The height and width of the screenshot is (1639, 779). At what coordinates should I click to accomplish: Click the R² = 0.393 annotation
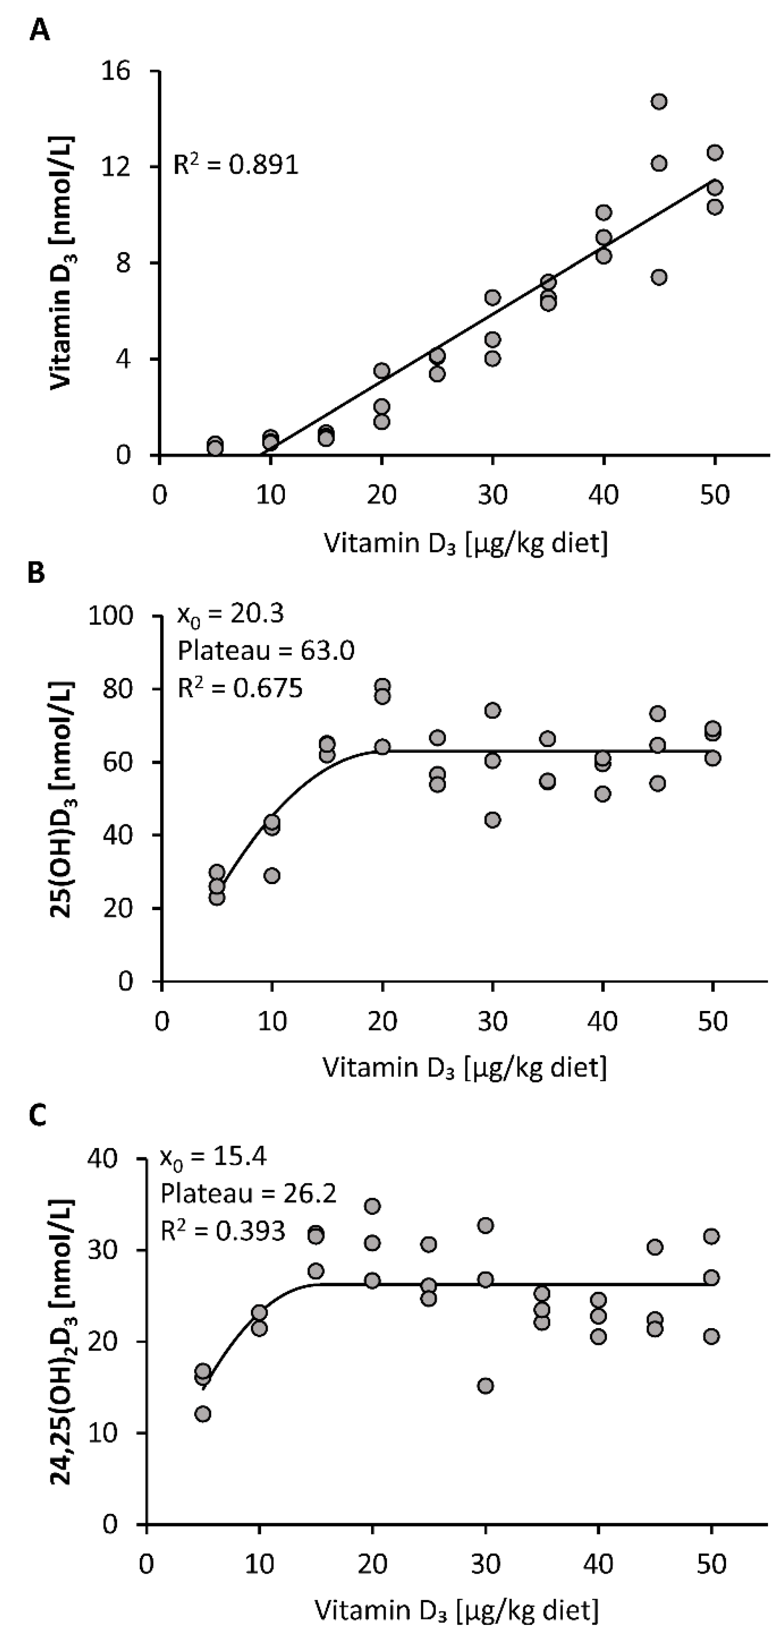(x=223, y=1231)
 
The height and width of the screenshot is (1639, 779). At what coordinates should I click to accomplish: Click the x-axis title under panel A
(x=465, y=544)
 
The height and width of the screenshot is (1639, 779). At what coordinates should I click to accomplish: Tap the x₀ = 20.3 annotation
(x=230, y=614)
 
